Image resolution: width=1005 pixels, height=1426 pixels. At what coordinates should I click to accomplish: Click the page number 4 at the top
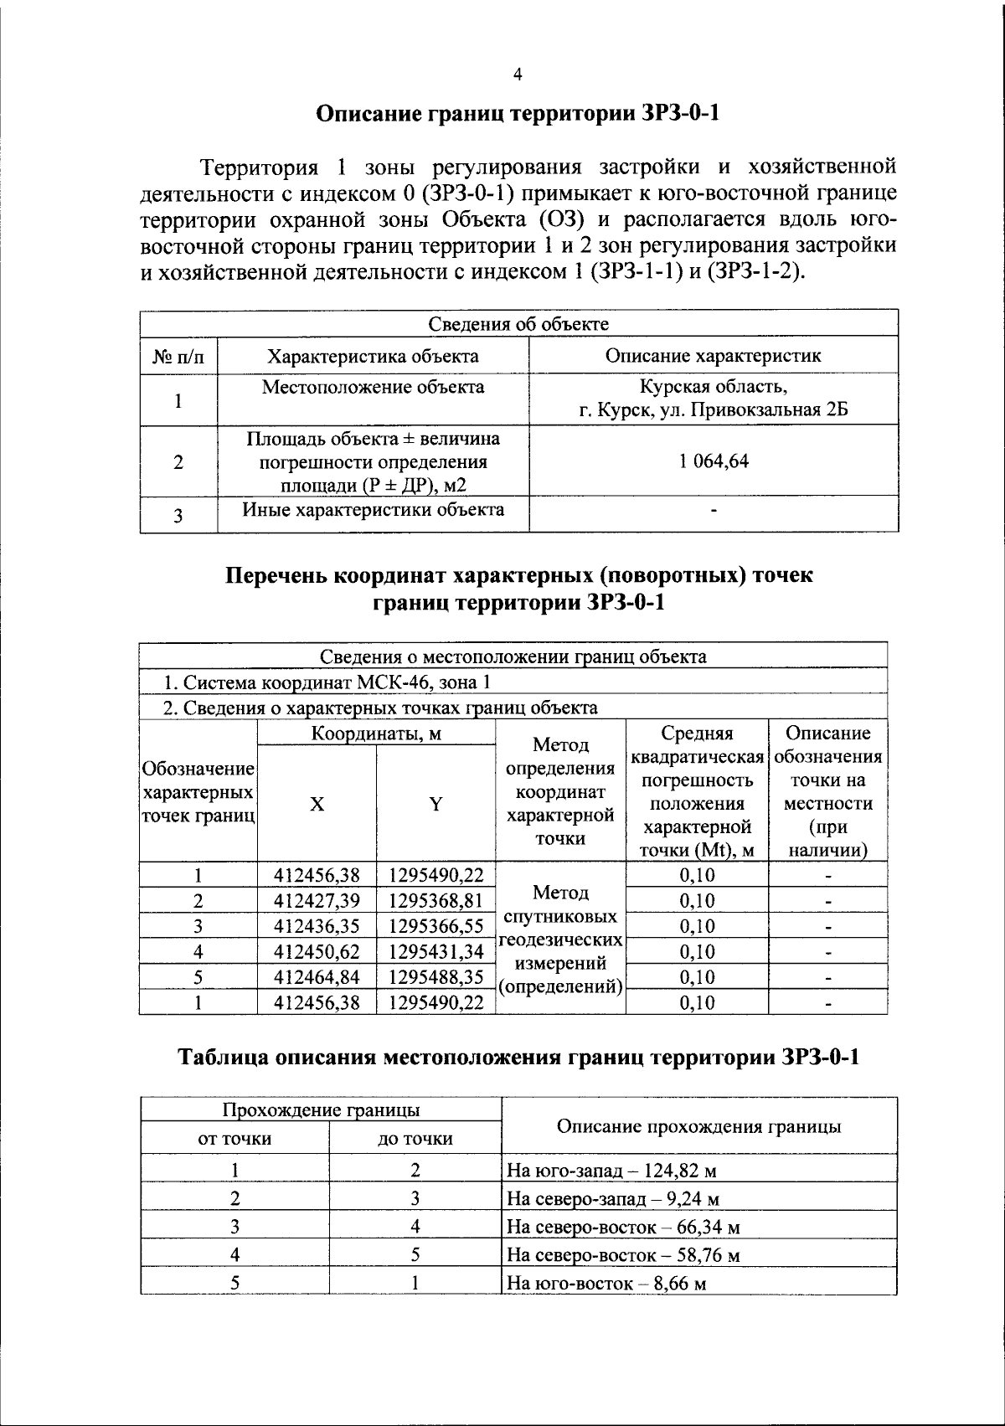517,75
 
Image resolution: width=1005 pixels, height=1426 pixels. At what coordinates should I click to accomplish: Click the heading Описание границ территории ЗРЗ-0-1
518,114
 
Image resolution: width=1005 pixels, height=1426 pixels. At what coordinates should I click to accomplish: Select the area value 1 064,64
714,461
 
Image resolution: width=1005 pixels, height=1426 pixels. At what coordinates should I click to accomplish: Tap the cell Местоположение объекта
373,387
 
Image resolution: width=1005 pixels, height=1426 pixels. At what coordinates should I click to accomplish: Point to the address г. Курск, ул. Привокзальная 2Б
714,410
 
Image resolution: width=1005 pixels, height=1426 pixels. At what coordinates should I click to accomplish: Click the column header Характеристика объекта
373,356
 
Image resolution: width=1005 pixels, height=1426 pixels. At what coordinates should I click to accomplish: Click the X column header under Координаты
317,804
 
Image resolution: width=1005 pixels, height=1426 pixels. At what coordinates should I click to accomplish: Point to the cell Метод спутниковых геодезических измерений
560,939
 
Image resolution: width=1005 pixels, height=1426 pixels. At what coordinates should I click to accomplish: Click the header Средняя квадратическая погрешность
697,791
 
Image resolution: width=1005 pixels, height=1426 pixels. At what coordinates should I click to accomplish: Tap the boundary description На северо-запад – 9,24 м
614,1198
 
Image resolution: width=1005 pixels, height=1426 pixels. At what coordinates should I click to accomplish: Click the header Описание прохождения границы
698,1126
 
